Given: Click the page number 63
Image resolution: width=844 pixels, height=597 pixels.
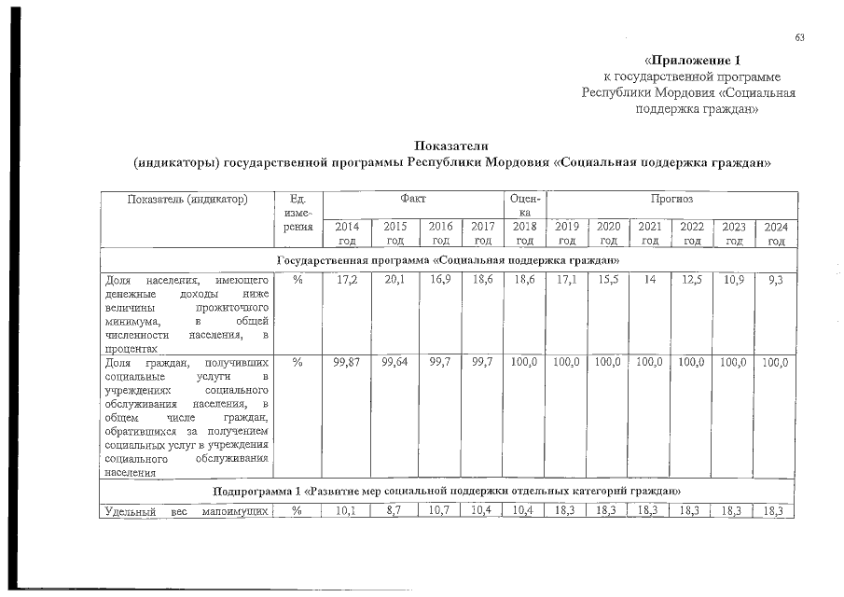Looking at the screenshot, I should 799,37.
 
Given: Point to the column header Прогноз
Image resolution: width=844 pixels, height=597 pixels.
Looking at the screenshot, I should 671,199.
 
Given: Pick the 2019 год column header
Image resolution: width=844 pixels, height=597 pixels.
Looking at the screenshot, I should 567,232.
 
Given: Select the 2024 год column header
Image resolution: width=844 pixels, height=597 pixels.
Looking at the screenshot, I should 776,232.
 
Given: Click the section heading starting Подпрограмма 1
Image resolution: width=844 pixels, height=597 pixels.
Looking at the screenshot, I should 448,491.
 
